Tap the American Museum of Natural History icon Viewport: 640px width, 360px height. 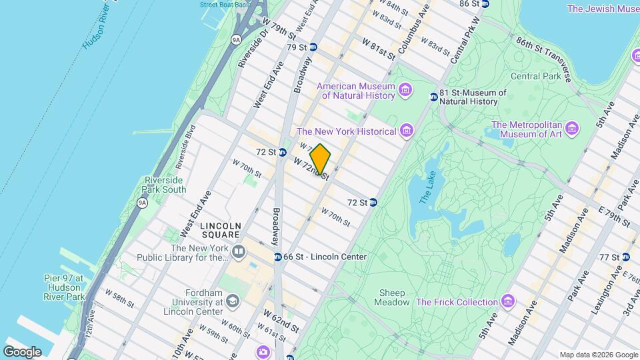405,90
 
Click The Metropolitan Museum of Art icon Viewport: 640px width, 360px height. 571,129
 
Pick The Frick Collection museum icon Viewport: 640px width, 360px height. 508,302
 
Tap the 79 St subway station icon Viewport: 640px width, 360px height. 313,47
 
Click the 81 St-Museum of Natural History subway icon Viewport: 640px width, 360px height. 433,97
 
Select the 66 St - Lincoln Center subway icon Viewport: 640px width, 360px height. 277,257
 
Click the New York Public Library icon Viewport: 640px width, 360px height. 239,252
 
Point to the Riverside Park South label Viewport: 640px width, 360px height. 165,185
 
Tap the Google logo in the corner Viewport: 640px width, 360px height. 22,352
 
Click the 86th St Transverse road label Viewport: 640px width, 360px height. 543,58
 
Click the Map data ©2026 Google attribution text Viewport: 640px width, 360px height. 598,355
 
